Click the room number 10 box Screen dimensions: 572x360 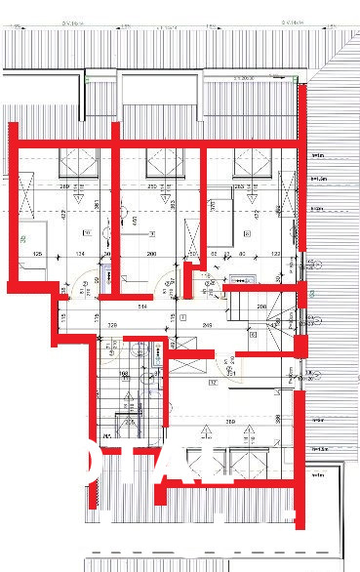click(x=87, y=233)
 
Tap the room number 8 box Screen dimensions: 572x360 click(x=247, y=234)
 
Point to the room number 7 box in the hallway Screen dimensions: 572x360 click(x=183, y=318)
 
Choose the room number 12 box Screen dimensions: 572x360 click(x=211, y=383)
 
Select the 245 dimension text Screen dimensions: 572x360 click(x=207, y=324)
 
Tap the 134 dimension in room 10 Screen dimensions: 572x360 click(x=80, y=255)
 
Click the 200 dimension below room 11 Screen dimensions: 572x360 click(x=151, y=255)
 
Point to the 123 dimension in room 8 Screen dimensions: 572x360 click(x=275, y=255)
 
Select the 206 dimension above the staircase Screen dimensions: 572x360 click(x=262, y=307)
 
